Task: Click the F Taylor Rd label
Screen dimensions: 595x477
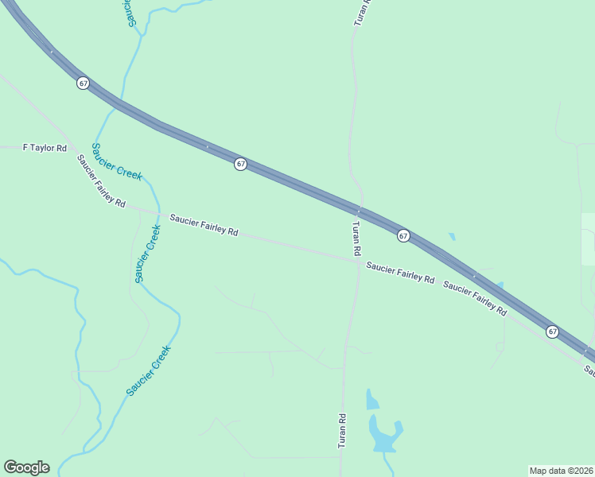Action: click(45, 148)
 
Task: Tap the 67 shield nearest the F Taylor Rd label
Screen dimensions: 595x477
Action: click(83, 83)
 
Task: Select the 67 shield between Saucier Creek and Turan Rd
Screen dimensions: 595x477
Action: click(240, 164)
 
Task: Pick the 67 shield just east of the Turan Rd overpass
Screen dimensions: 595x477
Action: click(403, 236)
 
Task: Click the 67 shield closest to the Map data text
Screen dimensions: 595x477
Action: click(552, 331)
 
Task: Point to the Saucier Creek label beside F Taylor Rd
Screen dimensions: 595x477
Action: click(117, 161)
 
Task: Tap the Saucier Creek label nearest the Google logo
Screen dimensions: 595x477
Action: click(149, 370)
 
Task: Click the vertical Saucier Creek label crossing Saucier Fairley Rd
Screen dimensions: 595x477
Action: click(148, 254)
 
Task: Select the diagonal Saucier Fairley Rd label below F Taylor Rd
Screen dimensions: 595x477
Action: click(101, 181)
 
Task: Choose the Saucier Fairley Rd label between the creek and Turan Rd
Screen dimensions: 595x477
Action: click(204, 225)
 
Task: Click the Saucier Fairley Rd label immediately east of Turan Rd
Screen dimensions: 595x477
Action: click(400, 273)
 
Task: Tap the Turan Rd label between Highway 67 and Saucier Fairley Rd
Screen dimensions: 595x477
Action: click(357, 238)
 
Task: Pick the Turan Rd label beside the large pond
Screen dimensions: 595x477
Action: click(342, 431)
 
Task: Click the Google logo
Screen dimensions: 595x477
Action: click(26, 467)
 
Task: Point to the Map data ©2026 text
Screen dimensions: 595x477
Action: click(561, 470)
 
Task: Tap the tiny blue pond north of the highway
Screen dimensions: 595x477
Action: click(452, 237)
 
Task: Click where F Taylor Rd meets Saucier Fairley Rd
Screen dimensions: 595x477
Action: click(74, 149)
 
